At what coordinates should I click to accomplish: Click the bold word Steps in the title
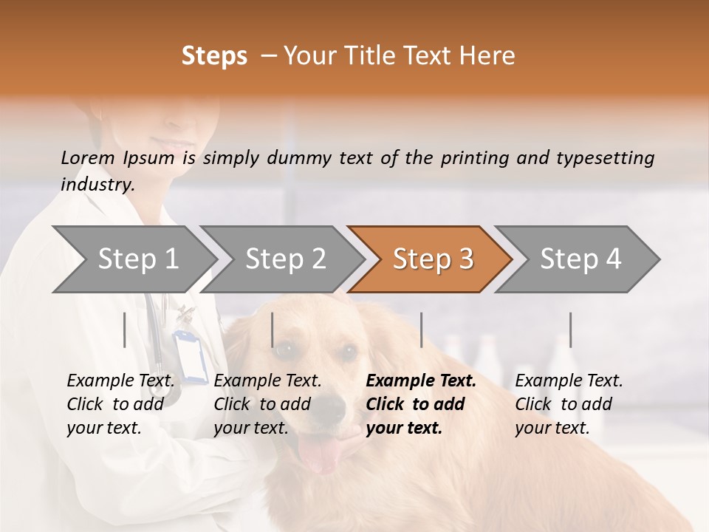(x=214, y=56)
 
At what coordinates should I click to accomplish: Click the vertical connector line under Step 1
(x=125, y=330)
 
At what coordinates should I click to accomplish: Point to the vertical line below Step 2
(x=273, y=330)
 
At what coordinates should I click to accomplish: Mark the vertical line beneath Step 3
(x=421, y=330)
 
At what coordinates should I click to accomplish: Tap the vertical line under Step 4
(x=570, y=330)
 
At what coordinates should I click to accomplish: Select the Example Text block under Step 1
(x=120, y=404)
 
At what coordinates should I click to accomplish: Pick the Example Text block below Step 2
(x=267, y=404)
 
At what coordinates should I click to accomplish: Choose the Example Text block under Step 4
(x=569, y=404)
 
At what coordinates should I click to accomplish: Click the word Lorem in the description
(x=87, y=157)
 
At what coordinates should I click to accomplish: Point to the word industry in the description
(x=97, y=184)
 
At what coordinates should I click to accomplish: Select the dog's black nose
(x=334, y=405)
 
